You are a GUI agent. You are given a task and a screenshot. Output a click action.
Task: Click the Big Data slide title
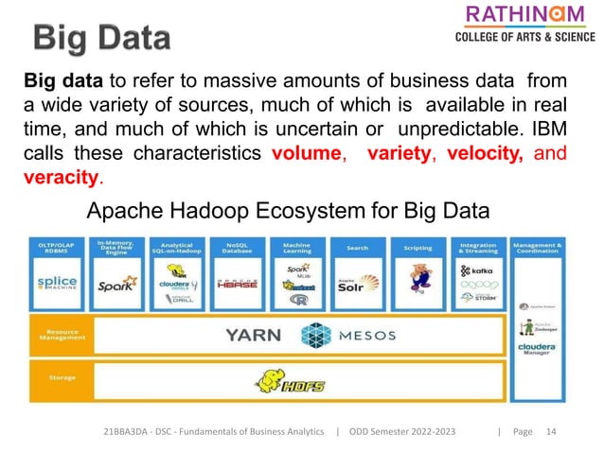pos(103,39)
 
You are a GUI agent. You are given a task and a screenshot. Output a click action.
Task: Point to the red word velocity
pos(487,154)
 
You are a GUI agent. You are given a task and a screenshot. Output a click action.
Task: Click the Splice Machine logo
pos(60,283)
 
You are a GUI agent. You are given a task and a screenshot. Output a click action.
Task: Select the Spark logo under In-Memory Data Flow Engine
pos(116,283)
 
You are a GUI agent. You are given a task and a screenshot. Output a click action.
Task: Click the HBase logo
pos(239,283)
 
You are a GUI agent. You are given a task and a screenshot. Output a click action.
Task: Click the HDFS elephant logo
pos(284,381)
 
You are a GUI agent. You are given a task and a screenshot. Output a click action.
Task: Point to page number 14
pos(551,432)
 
